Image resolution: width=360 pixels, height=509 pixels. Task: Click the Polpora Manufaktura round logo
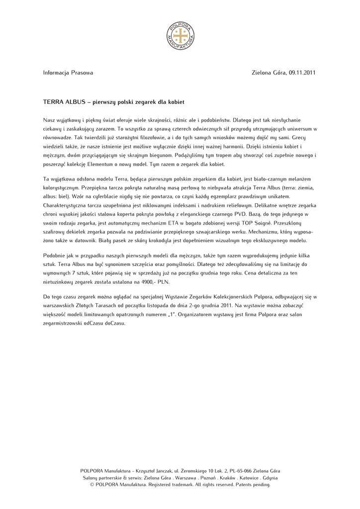(x=180, y=36)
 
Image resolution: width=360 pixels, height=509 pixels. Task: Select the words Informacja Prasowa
(x=68, y=73)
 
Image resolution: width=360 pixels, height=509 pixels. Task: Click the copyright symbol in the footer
(x=92, y=484)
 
